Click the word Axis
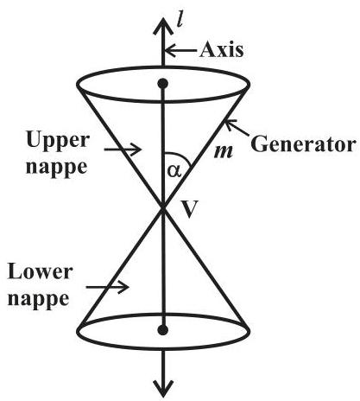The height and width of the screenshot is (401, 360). click(221, 49)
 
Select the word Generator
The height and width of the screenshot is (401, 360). click(303, 143)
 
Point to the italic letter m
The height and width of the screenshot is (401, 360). click(224, 151)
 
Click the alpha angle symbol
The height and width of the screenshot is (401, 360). click(174, 170)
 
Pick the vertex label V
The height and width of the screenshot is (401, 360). click(191, 209)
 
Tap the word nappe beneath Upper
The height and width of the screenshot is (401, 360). click(56, 168)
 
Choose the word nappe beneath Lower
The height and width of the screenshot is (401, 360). click(38, 299)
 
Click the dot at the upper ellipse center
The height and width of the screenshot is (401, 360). click(163, 84)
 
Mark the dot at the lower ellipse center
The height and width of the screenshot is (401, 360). click(163, 330)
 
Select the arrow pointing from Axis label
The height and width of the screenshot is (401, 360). click(180, 50)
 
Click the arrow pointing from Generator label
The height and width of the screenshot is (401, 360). click(237, 128)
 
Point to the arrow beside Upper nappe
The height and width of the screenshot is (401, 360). click(123, 150)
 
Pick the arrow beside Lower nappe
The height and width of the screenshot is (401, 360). click(108, 287)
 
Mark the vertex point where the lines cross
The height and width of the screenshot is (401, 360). click(163, 207)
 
